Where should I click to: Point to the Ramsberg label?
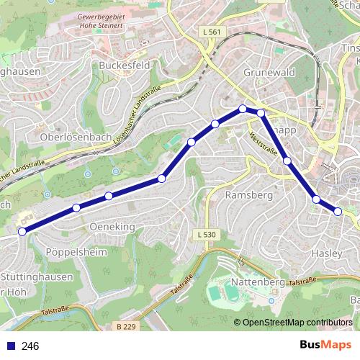coord(247,195)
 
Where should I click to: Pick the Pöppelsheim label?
coord(76,253)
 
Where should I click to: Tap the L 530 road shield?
coord(206,234)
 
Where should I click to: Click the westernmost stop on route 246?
coord(22,231)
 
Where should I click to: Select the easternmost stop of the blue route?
coord(338,211)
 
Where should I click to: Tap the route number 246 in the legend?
coord(30,346)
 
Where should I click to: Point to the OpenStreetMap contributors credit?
coord(297,322)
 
